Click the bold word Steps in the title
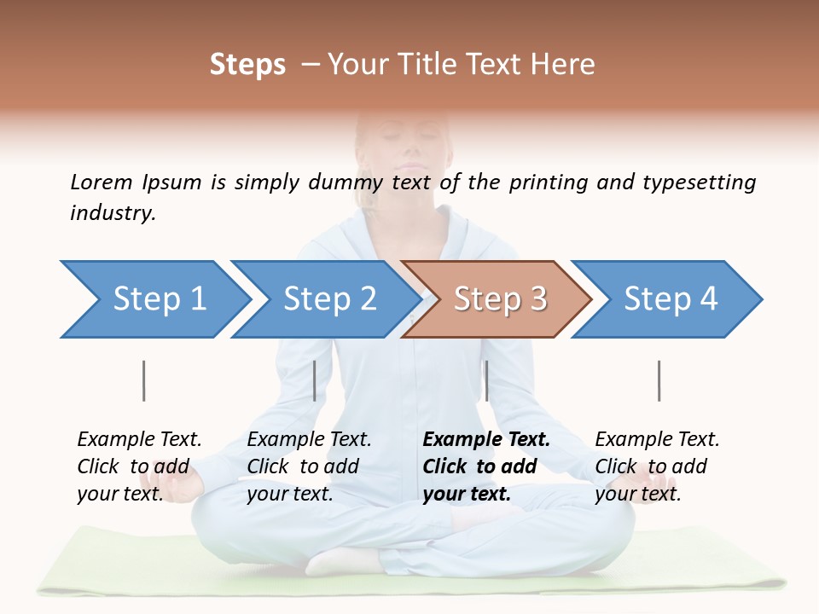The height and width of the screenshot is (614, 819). pos(247,65)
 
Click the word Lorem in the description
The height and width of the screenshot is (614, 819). pos(101,182)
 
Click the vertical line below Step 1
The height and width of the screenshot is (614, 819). pos(143,380)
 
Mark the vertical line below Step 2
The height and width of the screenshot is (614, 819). pos(315,380)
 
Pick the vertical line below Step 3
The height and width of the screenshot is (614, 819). pos(486,380)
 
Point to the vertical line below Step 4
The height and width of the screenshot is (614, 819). pos(659,380)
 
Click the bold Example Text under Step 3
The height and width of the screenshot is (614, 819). pos(486,440)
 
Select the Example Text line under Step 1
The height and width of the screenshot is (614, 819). pos(139,440)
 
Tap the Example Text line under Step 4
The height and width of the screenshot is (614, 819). pos(657,440)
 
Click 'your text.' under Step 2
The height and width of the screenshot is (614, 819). pos(289,494)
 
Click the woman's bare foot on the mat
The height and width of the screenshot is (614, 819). pos(341,560)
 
